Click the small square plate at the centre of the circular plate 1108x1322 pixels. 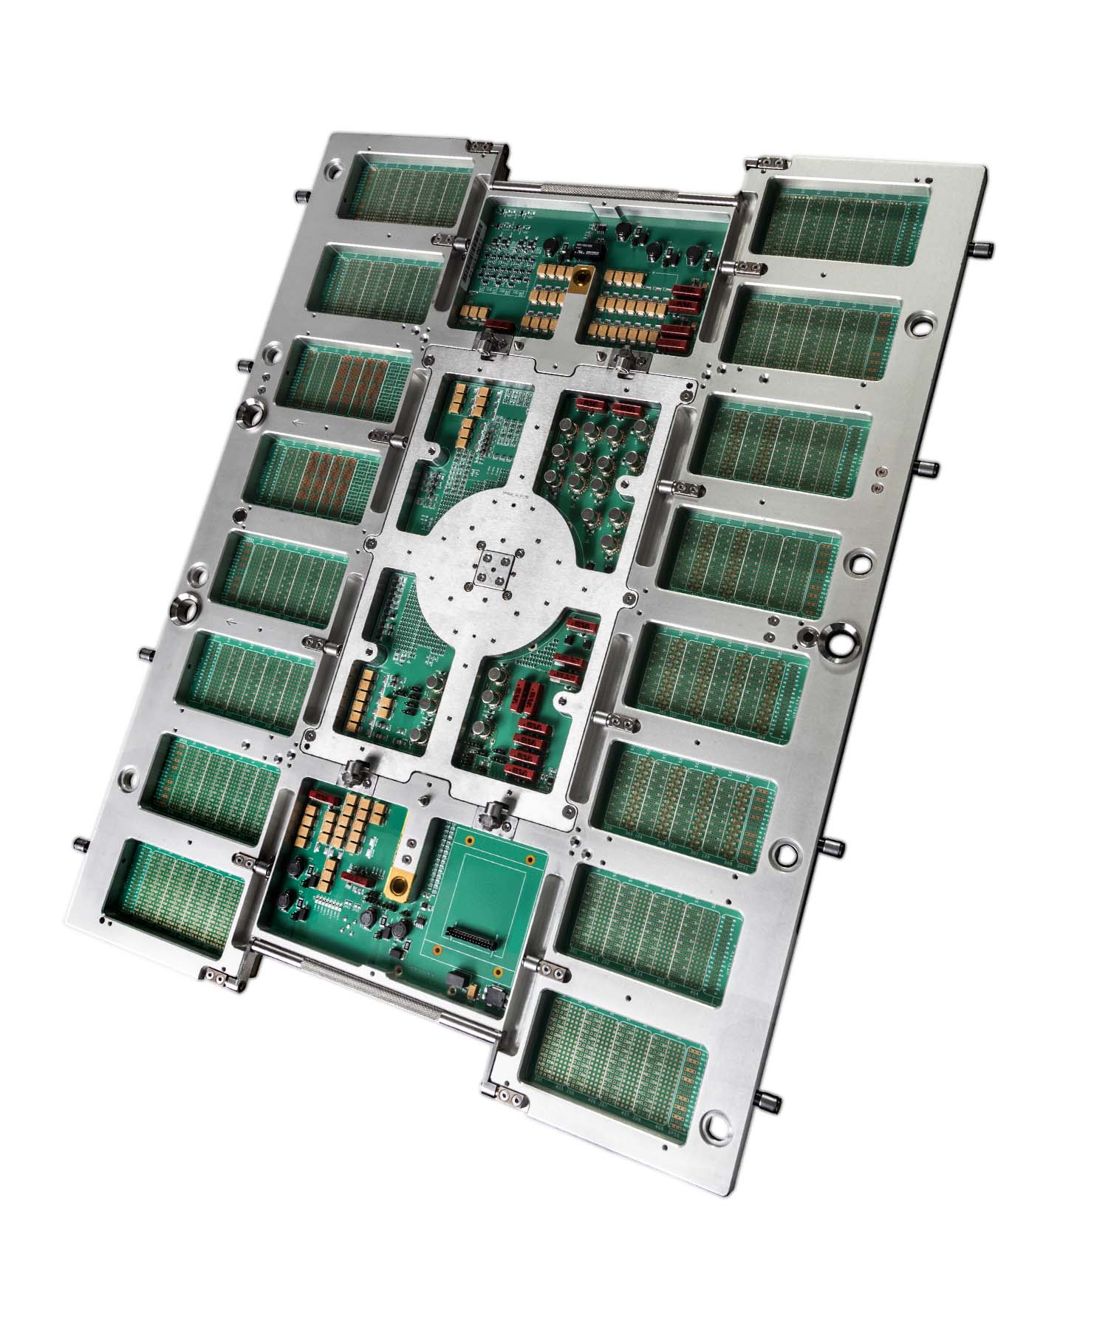[494, 569]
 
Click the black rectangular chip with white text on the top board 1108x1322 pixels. [582, 250]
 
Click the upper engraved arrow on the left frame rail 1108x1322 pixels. [298, 423]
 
